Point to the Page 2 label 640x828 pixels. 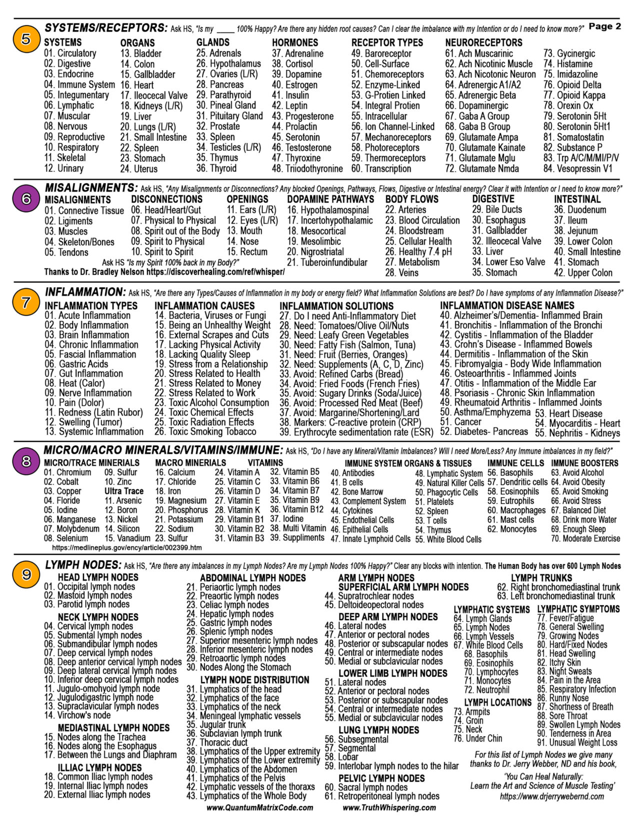pyautogui.click(x=604, y=26)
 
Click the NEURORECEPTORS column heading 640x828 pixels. pyautogui.click(x=483, y=42)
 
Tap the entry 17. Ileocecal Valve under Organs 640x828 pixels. pyautogui.click(x=154, y=95)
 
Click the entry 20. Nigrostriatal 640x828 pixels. pyautogui.click(x=315, y=252)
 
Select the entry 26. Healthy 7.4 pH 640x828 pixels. pyautogui.click(x=418, y=252)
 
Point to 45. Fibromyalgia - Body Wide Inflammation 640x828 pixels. pyautogui.click(x=520, y=364)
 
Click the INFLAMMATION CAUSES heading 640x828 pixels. pyautogui.click(x=204, y=305)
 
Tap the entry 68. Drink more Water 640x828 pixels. pyautogui.click(x=583, y=520)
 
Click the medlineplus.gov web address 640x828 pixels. pyautogui.click(x=127, y=548)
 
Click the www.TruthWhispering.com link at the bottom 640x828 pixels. pyautogui.click(x=389, y=807)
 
